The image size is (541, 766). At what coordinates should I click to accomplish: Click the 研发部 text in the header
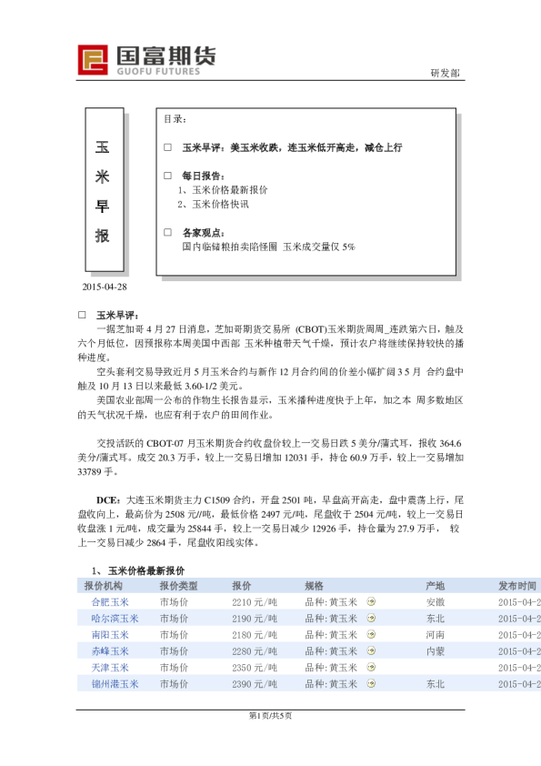tap(445, 73)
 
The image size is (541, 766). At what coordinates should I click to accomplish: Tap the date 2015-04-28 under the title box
tap(105, 287)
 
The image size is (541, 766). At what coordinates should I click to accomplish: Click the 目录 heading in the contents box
tap(175, 120)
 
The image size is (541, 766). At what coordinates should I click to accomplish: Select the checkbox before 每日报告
tap(167, 176)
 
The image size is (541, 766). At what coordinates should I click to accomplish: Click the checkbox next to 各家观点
tap(167, 232)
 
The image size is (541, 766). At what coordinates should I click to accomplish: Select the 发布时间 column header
tap(517, 586)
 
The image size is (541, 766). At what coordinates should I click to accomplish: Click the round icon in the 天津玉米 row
tap(370, 668)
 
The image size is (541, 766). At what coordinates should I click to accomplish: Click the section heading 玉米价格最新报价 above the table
tap(145, 570)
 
